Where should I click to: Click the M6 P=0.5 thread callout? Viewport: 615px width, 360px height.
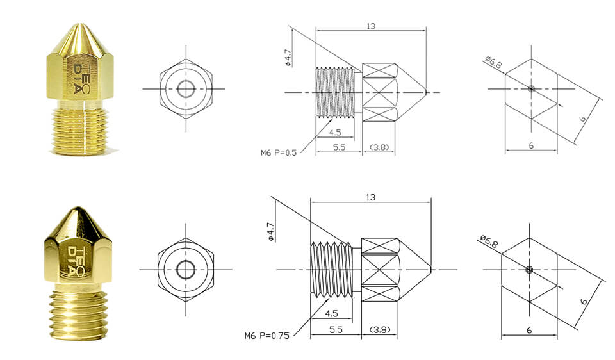280,152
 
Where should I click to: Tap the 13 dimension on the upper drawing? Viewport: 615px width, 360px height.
371,26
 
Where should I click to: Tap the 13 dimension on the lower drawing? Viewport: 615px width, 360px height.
370,197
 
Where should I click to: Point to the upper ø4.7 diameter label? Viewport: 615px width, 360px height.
289,58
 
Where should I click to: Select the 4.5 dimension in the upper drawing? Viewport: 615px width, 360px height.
334,133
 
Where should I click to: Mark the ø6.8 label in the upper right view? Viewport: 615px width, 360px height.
493,63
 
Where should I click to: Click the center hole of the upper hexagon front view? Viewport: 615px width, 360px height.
186,88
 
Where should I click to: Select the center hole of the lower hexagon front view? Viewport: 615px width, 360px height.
186,270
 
